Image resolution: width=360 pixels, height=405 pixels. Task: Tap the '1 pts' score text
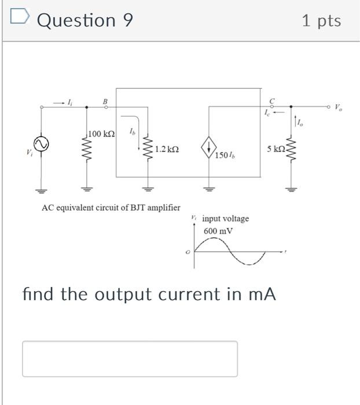[321, 21]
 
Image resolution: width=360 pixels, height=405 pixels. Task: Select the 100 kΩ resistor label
[101, 134]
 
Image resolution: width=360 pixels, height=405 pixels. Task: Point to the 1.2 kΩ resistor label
[167, 149]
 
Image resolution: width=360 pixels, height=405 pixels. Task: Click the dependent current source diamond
[208, 149]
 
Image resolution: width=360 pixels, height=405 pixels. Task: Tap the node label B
[105, 101]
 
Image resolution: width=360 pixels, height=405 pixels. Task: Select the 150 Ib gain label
[224, 156]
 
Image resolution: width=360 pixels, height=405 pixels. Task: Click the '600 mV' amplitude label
[218, 231]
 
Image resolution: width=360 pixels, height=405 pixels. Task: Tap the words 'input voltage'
[225, 219]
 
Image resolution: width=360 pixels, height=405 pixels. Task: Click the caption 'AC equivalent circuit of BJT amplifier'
[111, 207]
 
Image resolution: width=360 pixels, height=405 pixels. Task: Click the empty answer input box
[130, 359]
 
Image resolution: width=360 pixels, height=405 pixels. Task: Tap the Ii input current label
[70, 102]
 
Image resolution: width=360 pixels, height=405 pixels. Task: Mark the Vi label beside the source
[28, 152]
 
